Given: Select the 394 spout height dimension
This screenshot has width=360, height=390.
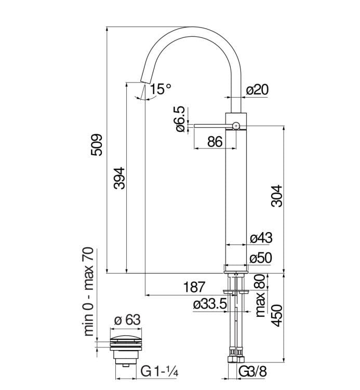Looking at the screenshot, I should tap(119, 178).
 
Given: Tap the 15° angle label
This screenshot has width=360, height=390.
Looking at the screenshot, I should tap(159, 89).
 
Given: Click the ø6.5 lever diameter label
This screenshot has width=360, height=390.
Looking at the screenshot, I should tap(180, 119).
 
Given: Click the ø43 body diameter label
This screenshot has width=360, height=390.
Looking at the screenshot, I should tap(261, 238).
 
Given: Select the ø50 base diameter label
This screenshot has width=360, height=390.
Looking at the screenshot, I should tap(261, 258).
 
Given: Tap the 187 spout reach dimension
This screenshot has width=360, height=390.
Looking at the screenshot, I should tap(195, 287).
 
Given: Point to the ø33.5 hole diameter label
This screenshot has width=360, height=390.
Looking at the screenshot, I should tap(210, 304).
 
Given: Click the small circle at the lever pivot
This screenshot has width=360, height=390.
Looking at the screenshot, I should tap(236, 125).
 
